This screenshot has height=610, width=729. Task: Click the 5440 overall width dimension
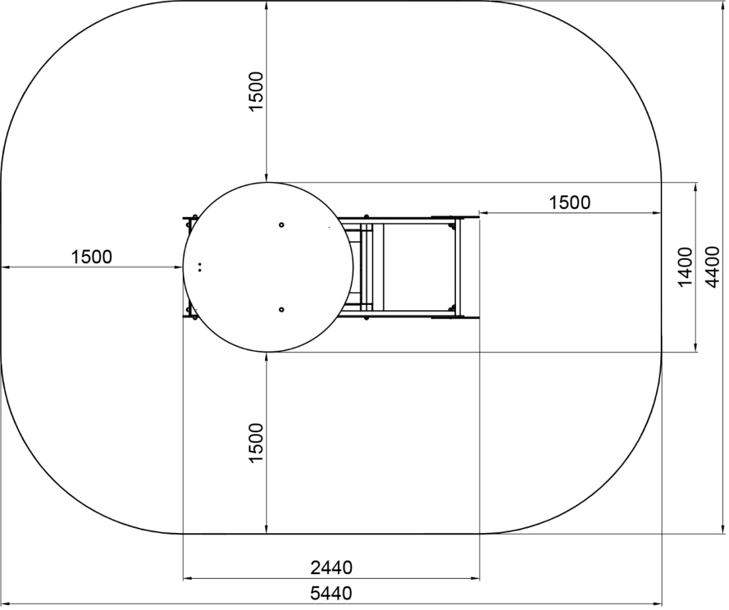(x=331, y=593)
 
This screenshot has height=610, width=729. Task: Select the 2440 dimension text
(x=331, y=568)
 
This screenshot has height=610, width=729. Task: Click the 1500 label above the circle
(x=256, y=91)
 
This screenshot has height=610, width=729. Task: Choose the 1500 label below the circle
(x=256, y=443)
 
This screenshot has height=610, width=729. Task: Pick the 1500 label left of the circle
(x=91, y=257)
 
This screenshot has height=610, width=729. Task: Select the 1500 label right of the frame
(x=570, y=202)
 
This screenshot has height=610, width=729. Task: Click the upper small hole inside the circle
(x=281, y=225)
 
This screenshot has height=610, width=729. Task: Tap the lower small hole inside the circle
(x=281, y=310)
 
